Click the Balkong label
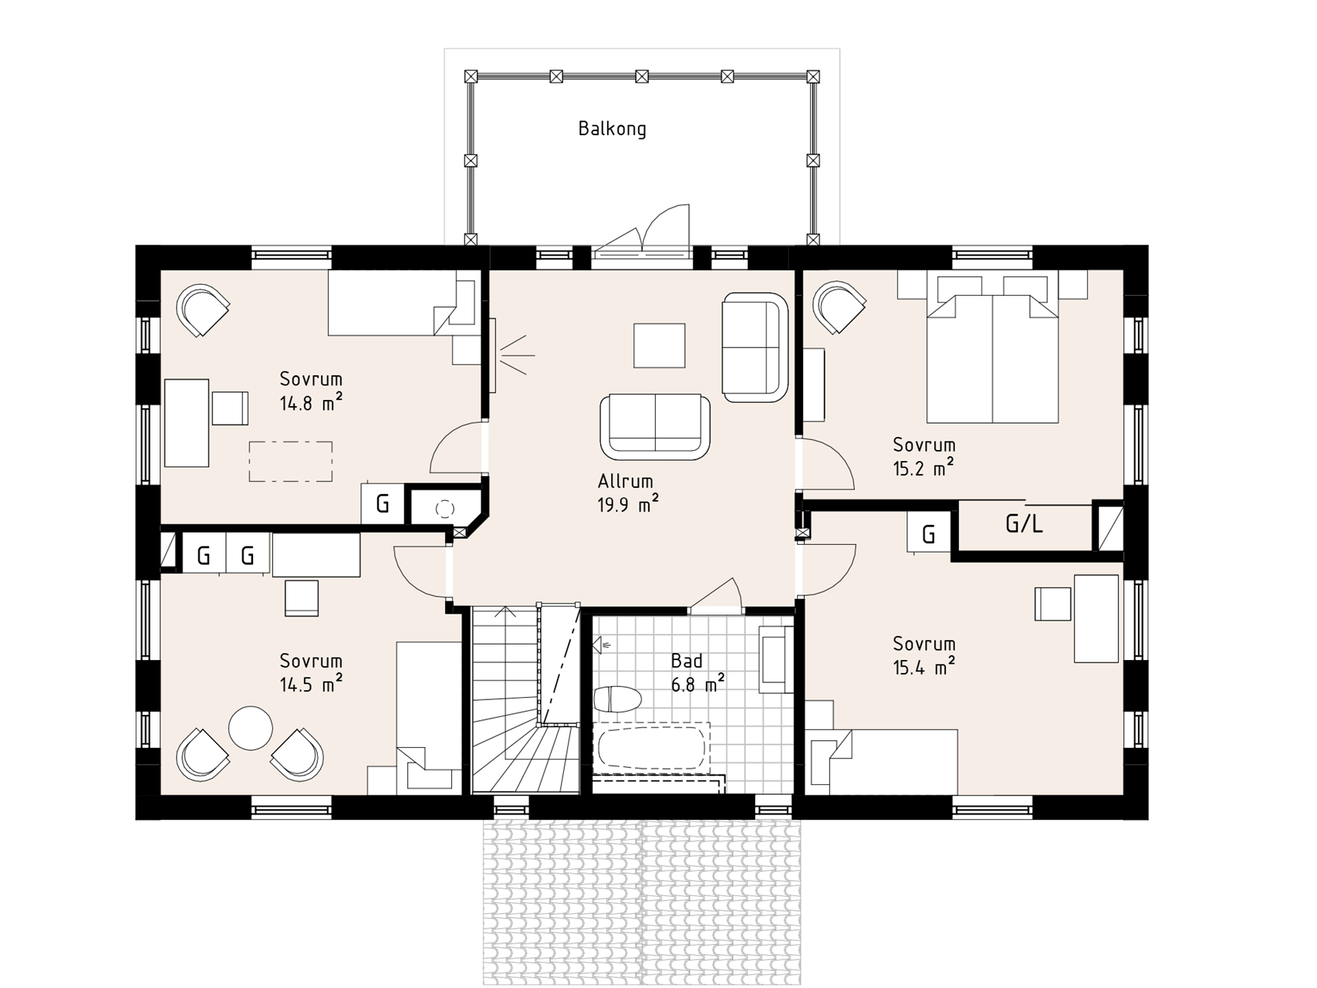(x=612, y=129)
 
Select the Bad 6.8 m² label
(x=697, y=672)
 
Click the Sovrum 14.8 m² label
(x=311, y=391)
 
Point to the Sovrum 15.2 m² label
(x=924, y=456)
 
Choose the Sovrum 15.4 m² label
(x=924, y=655)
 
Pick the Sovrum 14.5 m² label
(x=311, y=672)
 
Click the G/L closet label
(x=1024, y=525)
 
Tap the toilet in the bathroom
(x=617, y=699)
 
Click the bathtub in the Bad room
(x=652, y=746)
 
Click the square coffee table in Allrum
(x=660, y=345)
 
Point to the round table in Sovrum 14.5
(x=251, y=728)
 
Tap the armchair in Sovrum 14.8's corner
(x=204, y=310)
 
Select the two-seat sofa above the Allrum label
(x=655, y=426)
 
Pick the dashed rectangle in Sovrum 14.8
(x=291, y=462)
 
